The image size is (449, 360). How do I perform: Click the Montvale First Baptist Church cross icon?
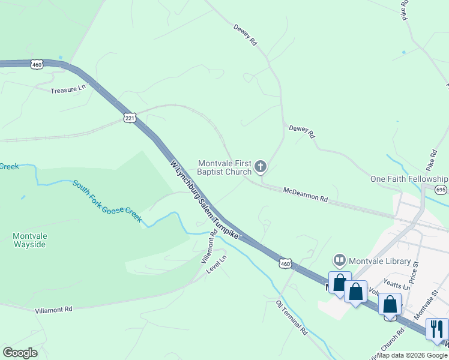click(260, 166)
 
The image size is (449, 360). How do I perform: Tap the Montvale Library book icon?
click(340, 260)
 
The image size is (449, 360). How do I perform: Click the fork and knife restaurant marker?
click(436, 328)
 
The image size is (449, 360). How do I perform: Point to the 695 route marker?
click(441, 190)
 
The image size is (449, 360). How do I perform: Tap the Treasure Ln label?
click(68, 89)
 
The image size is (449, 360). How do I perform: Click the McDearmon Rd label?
click(306, 194)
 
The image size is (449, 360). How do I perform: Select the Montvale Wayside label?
click(29, 241)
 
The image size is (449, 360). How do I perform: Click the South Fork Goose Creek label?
click(107, 200)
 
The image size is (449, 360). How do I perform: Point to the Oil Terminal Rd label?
click(292, 317)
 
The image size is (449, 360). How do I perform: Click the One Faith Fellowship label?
click(409, 179)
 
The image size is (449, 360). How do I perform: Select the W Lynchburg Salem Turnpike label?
click(204, 200)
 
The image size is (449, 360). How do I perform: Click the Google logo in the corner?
click(20, 353)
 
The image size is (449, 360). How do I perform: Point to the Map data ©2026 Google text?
click(412, 355)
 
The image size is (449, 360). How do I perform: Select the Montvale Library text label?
click(380, 261)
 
